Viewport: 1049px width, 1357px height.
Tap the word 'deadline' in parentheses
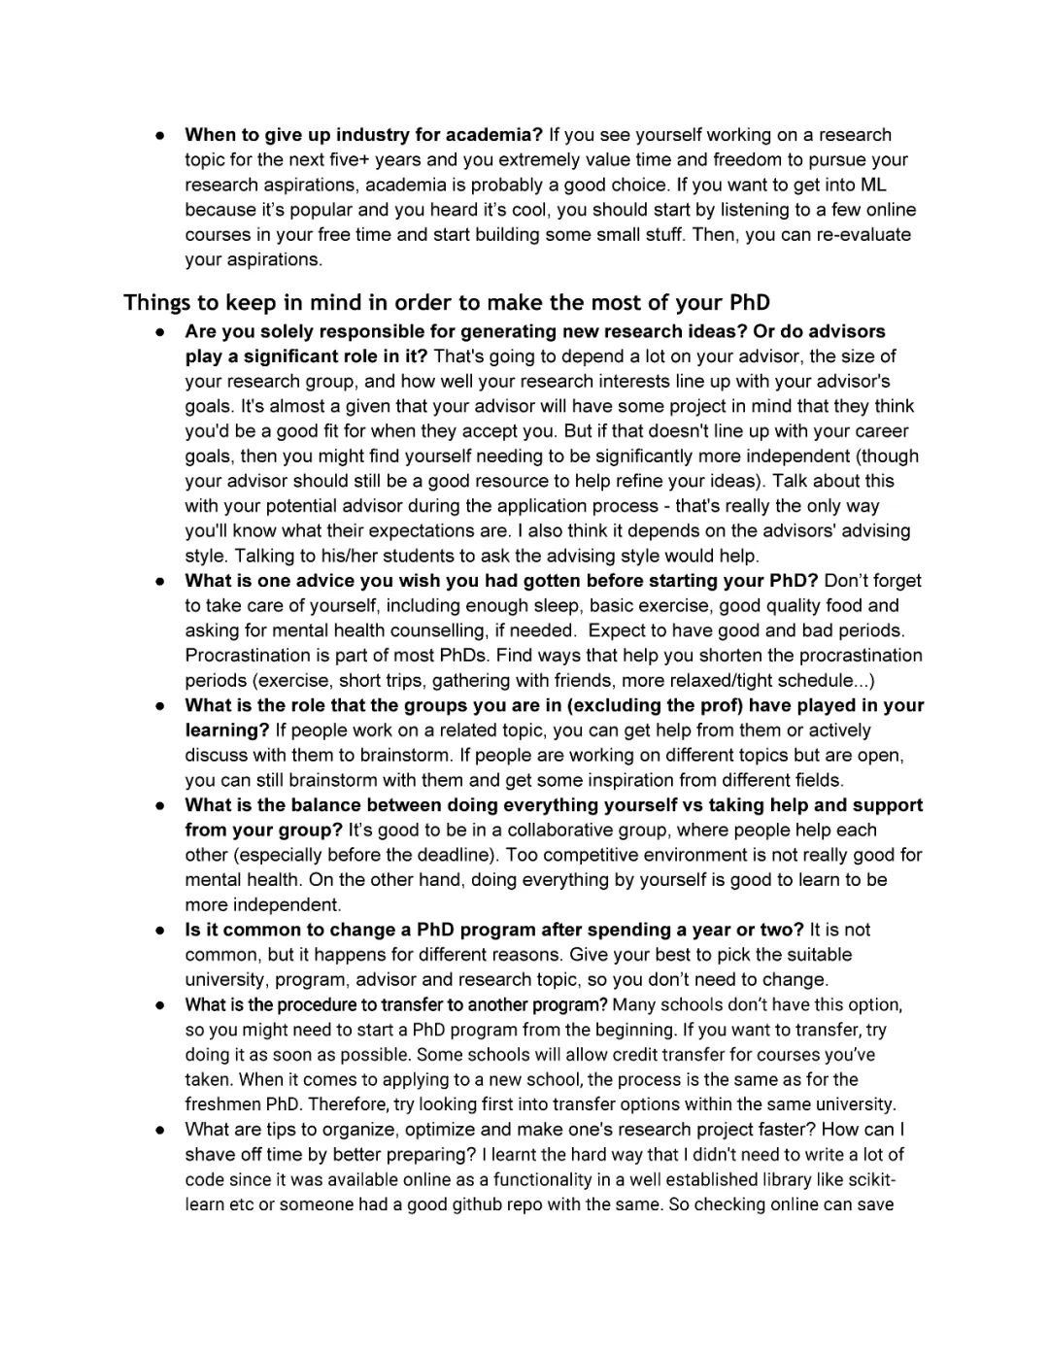(438, 855)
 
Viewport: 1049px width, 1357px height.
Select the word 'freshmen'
(220, 1104)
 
